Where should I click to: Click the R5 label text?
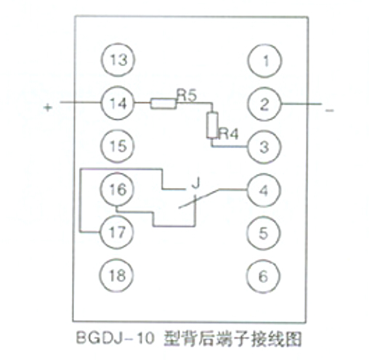[187, 95]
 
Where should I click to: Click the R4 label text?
[229, 134]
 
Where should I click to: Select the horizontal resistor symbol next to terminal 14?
[163, 104]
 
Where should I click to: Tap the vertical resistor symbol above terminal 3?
[212, 125]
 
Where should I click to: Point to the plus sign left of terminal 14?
[48, 107]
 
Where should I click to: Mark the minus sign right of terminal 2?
[330, 110]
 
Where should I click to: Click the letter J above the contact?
[195, 183]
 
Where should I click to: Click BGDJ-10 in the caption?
[115, 337]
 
